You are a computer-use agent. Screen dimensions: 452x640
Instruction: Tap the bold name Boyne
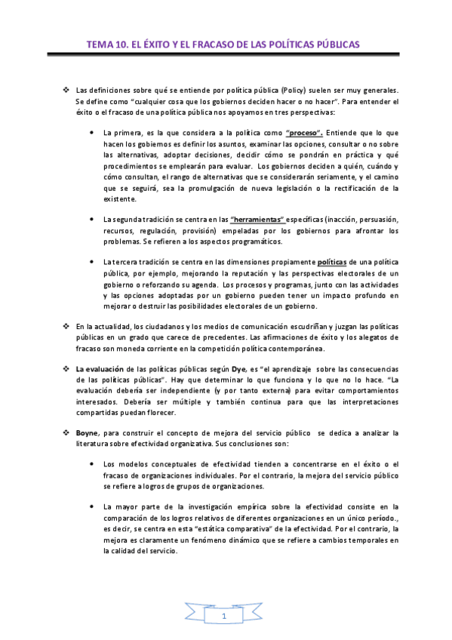click(x=88, y=432)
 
